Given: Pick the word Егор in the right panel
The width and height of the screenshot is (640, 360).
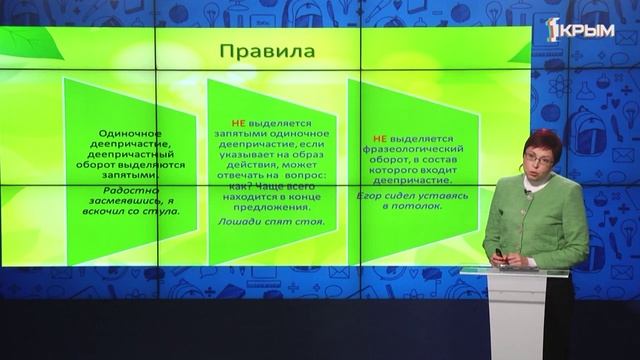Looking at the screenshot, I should click(383, 195).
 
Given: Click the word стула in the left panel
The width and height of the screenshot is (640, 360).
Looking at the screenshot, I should click(177, 212).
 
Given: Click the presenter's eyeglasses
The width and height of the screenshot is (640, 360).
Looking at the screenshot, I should click(537, 155).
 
